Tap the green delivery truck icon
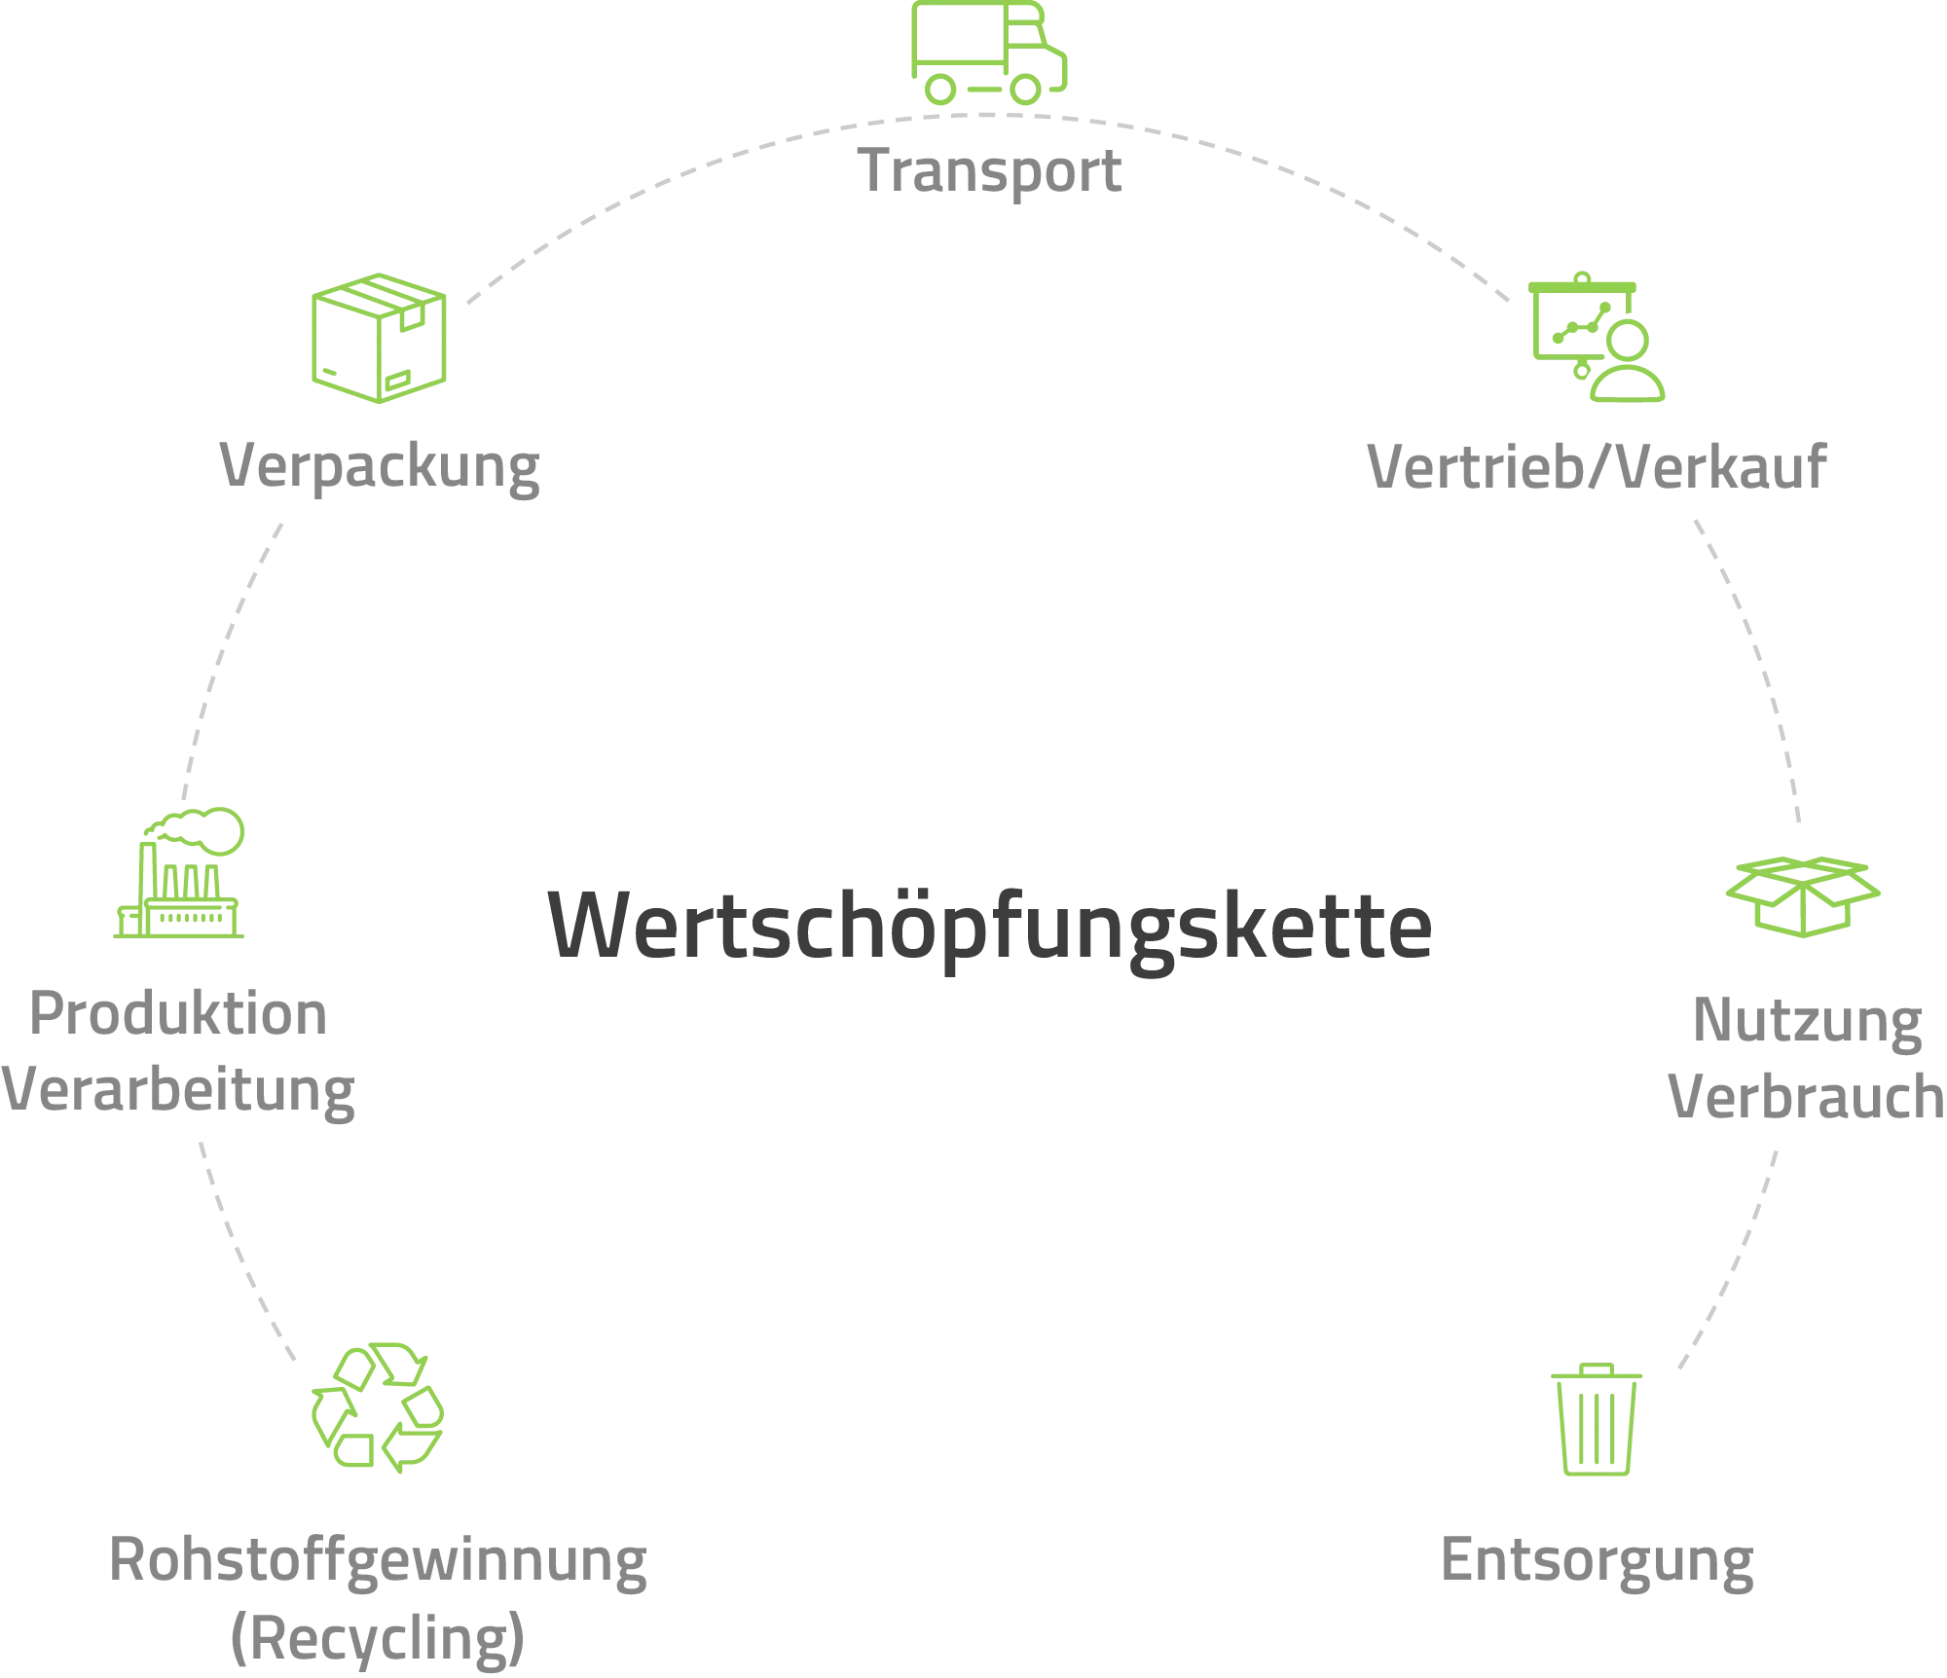click(989, 53)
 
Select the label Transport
click(990, 171)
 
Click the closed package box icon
click(379, 338)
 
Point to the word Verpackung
click(380, 467)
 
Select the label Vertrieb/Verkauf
click(1597, 467)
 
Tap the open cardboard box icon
click(1803, 896)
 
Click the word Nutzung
click(1808, 1022)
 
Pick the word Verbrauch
click(1807, 1097)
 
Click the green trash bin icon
click(1597, 1419)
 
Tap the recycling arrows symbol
click(378, 1407)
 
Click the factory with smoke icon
click(179, 873)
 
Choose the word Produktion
click(178, 1013)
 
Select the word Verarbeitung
click(178, 1090)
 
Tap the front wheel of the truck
click(1025, 90)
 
